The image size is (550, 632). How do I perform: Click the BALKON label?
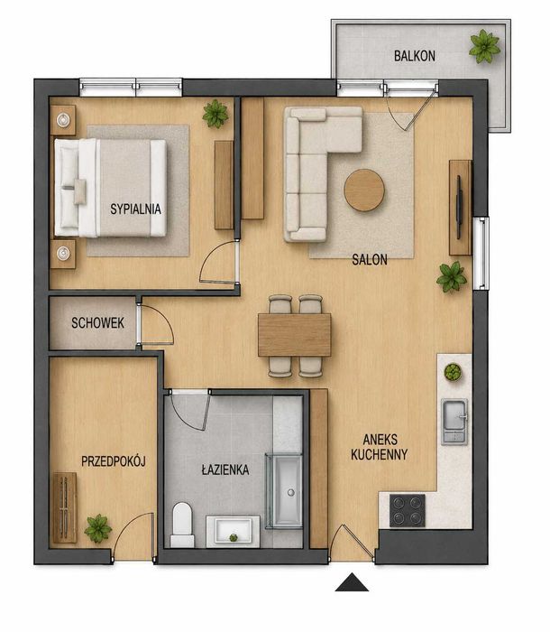[415, 56]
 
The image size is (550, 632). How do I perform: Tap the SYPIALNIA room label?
[135, 209]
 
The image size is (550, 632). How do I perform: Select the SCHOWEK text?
[98, 323]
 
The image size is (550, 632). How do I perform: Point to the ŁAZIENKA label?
[225, 469]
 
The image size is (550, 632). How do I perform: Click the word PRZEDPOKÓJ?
[113, 461]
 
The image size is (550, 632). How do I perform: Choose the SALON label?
[370, 260]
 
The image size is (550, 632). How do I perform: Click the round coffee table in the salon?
[364, 190]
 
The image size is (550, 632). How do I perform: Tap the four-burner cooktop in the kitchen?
[408, 510]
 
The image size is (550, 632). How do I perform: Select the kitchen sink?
[454, 422]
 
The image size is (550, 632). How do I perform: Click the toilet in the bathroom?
[182, 525]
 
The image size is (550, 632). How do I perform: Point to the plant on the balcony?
[485, 46]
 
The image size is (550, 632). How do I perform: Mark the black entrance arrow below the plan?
[352, 582]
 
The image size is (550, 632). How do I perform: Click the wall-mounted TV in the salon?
[459, 207]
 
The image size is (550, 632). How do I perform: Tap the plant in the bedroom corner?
[215, 114]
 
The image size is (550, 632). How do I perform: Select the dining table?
[294, 335]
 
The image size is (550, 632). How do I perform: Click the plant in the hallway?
[98, 528]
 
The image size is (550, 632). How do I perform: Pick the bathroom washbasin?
[233, 531]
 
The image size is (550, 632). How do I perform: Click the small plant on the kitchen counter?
[453, 372]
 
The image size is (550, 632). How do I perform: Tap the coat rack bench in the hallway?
[64, 507]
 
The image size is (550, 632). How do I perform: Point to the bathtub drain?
[290, 492]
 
